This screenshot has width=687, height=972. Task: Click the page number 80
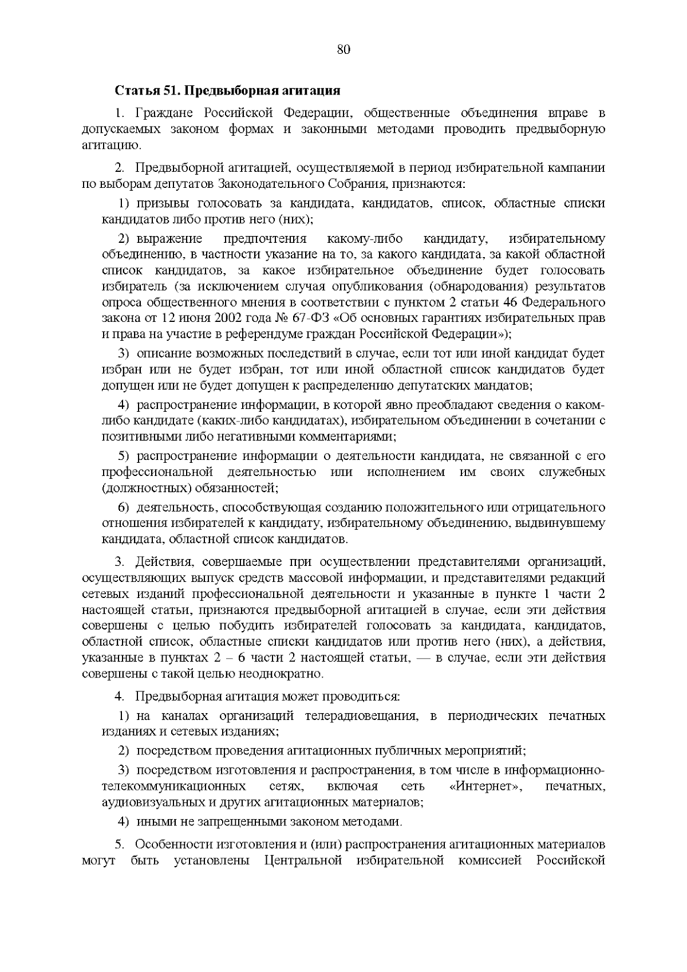pos(343,49)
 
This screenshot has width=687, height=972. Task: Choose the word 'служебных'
pos(572,473)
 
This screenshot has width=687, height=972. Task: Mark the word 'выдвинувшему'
pos(562,524)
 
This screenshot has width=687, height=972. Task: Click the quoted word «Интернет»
pos(486,786)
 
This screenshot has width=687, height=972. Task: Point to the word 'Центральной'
pos(303,860)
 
